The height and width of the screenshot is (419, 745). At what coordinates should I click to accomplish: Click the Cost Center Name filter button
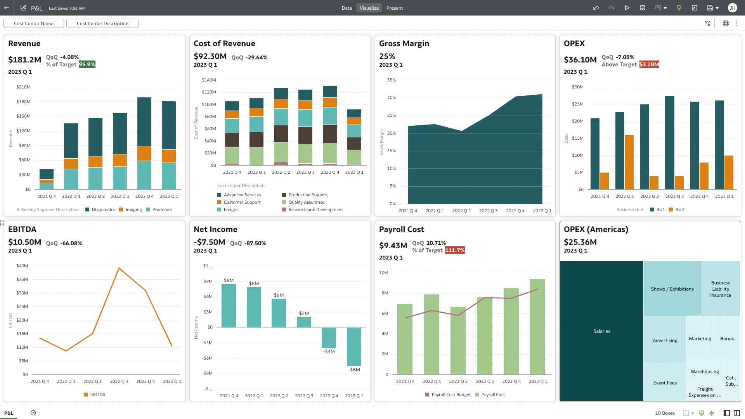click(34, 23)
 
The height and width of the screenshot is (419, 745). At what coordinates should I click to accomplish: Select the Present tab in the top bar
click(394, 8)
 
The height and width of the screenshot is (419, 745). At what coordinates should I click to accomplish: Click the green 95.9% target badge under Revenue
click(87, 64)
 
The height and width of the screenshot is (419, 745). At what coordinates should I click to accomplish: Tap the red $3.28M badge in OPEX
click(649, 64)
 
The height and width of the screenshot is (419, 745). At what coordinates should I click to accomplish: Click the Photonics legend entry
click(162, 209)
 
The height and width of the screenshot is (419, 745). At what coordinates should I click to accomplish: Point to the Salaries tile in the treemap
click(601, 331)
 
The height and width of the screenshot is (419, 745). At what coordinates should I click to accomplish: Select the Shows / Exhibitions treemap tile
click(672, 289)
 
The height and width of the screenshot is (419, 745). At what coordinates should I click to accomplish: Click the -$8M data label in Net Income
click(354, 370)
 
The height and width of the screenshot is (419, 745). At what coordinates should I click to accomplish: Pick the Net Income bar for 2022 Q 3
click(304, 322)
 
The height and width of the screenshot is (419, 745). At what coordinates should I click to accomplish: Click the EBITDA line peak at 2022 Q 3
click(119, 268)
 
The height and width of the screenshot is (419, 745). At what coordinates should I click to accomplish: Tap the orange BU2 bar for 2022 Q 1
click(629, 162)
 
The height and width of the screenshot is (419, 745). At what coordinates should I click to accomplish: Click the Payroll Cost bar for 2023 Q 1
click(537, 326)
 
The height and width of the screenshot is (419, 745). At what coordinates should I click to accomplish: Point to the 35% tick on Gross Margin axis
click(391, 80)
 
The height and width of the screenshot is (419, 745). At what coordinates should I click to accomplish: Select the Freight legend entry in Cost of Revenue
click(230, 209)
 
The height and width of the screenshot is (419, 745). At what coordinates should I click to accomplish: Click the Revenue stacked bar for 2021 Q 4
click(47, 179)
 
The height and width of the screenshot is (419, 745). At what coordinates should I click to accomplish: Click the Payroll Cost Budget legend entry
click(450, 395)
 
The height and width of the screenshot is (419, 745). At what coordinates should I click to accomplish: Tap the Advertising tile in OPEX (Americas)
click(665, 340)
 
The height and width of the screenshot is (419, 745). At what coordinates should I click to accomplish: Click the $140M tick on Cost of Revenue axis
click(209, 80)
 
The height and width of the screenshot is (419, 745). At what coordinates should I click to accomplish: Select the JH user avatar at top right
click(732, 8)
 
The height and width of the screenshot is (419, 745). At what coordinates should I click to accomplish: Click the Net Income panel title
click(215, 229)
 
